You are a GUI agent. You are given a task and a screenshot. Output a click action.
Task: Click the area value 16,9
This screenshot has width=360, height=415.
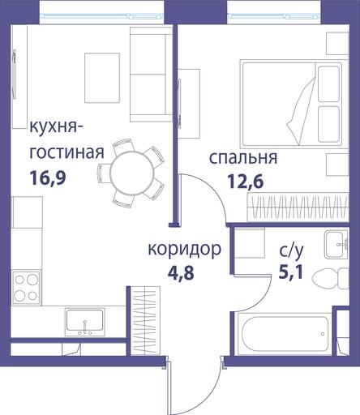(48, 178)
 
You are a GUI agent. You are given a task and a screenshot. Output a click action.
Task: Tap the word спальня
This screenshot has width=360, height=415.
(243, 158)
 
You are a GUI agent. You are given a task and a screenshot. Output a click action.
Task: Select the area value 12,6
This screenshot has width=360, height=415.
(246, 181)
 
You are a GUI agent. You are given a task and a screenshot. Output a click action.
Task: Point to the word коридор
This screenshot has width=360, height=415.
(185, 250)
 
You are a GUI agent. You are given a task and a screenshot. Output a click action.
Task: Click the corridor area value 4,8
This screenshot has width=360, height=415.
(181, 273)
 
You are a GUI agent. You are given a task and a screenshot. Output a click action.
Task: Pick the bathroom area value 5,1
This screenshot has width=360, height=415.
(291, 272)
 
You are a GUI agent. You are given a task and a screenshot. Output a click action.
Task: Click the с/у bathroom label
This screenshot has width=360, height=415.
(291, 251)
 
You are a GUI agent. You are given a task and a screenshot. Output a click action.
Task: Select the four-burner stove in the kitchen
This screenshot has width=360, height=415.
(26, 287)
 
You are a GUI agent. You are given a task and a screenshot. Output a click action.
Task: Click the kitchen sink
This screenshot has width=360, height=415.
(85, 322)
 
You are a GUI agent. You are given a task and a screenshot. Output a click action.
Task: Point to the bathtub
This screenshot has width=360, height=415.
(285, 333)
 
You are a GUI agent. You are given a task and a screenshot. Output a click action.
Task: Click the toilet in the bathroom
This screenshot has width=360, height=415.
(330, 278)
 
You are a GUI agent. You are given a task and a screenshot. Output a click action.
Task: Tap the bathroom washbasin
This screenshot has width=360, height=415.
(336, 245)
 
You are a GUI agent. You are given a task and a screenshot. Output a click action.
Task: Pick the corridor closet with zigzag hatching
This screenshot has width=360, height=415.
(145, 321)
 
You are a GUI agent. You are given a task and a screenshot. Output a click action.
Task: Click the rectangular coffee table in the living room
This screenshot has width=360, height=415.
(102, 78)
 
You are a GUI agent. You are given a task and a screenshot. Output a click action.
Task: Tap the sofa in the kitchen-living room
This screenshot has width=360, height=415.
(151, 75)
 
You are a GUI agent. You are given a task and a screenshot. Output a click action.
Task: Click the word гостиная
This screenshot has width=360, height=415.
(66, 153)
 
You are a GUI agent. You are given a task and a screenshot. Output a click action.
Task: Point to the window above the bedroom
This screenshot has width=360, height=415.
(274, 16)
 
